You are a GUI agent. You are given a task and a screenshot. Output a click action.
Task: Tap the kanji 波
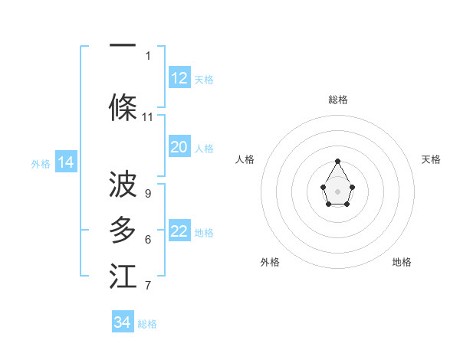click(123, 184)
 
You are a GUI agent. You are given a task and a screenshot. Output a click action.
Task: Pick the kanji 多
click(123, 231)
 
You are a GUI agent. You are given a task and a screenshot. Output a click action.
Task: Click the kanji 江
click(123, 277)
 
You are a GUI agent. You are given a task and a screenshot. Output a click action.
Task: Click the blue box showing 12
click(179, 77)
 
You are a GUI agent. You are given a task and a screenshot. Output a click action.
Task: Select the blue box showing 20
click(179, 147)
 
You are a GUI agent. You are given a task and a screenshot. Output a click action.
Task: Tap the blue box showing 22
click(179, 231)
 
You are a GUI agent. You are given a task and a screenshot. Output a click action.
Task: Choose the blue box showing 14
click(66, 162)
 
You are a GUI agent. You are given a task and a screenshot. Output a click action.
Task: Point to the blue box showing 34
click(123, 322)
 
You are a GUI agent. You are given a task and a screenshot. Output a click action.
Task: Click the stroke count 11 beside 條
click(148, 117)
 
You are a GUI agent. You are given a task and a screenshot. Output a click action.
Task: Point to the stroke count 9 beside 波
click(148, 194)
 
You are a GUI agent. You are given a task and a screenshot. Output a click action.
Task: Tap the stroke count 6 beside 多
click(148, 240)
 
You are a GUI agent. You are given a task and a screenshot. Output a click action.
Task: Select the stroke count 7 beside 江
click(148, 286)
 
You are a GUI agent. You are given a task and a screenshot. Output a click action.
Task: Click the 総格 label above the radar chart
click(338, 100)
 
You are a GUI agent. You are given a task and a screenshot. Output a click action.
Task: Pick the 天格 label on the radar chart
click(432, 159)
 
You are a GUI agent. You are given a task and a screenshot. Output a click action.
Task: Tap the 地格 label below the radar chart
click(402, 262)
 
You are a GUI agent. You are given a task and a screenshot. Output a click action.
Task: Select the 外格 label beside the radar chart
click(270, 262)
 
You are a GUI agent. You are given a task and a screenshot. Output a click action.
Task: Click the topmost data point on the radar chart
click(338, 162)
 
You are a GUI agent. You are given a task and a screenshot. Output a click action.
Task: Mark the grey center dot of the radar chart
click(338, 190)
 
